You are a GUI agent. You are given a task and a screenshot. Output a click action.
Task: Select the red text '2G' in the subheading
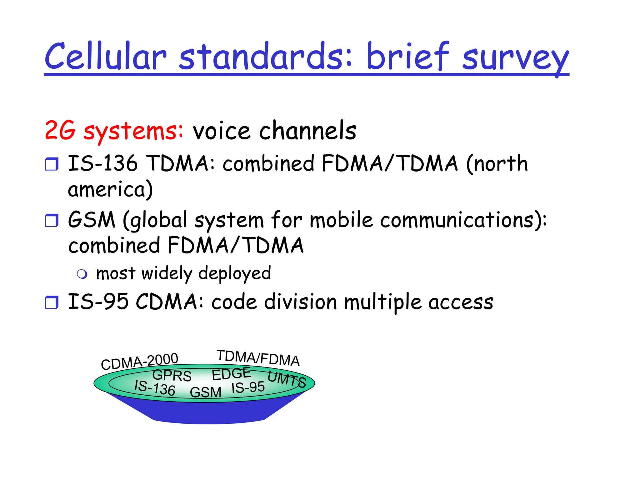click(60, 130)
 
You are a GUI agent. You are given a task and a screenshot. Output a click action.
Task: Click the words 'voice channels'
click(274, 131)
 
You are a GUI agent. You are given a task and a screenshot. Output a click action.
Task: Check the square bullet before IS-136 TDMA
click(52, 164)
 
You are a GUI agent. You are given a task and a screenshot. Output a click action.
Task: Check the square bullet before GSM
click(52, 220)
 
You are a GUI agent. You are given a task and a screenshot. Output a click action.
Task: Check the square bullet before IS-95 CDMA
click(52, 302)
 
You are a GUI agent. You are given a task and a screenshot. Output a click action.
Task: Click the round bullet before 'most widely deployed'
click(82, 274)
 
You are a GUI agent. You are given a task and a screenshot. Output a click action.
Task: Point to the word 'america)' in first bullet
click(110, 190)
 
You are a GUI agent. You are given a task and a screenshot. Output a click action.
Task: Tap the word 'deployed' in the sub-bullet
click(235, 274)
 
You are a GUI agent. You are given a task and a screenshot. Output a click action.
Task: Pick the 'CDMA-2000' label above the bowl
click(139, 361)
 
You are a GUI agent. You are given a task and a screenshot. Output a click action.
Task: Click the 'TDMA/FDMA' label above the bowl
click(258, 358)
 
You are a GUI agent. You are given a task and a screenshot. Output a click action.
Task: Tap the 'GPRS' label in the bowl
click(172, 375)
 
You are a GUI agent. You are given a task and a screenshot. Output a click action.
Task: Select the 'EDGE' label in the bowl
click(231, 374)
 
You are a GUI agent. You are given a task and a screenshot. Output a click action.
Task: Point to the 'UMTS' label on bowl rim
click(287, 379)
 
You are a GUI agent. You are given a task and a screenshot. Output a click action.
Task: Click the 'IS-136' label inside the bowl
click(155, 388)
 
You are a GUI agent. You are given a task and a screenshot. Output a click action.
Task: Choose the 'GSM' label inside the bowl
click(206, 392)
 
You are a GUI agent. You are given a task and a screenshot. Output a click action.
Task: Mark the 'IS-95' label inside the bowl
click(248, 388)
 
